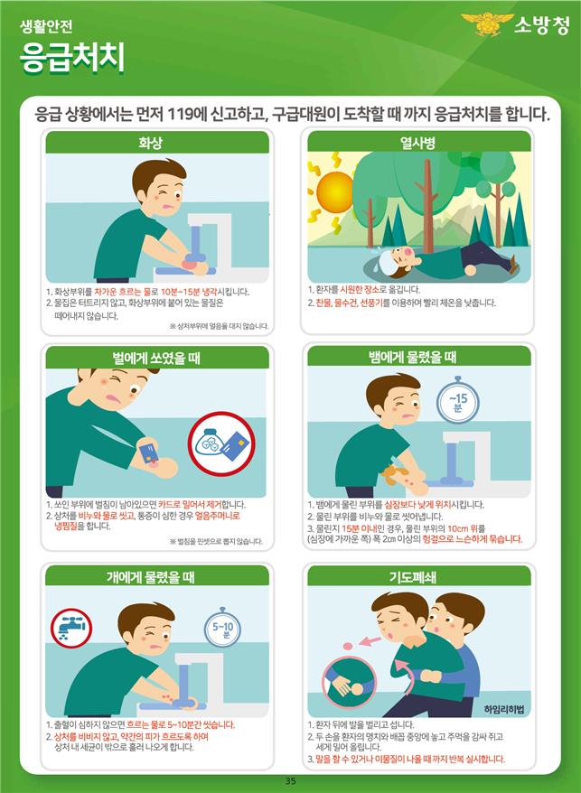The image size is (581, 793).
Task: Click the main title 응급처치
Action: point(72,58)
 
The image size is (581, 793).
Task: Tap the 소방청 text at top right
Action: point(541,24)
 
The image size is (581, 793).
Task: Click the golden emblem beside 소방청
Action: point(487,23)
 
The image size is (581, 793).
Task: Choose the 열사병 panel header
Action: point(418,143)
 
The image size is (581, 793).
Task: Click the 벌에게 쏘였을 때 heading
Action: point(156,358)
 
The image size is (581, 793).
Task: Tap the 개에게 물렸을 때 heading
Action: point(150,577)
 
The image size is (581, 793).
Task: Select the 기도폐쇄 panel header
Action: point(412,577)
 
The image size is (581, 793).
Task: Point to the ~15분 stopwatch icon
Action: point(457,402)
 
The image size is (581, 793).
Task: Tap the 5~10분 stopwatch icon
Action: point(222,629)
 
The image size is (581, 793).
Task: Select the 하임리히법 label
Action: point(504,709)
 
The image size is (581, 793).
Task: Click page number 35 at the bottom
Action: point(290,781)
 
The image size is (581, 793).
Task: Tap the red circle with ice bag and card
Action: point(221,444)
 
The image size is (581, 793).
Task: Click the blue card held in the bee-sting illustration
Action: point(148,452)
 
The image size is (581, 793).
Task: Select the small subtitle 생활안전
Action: point(46,26)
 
